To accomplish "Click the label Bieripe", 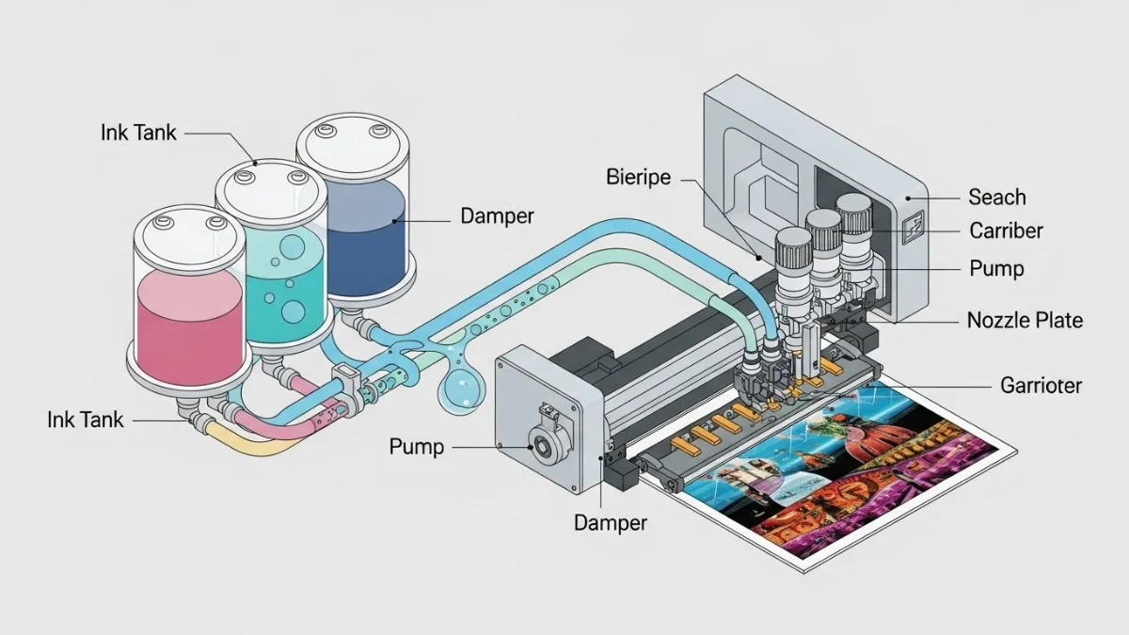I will point(639,176).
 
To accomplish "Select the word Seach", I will point(996,197).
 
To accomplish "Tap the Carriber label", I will point(1006,230).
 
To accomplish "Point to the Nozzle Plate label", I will point(1025,320).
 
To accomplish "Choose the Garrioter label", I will point(1040,385).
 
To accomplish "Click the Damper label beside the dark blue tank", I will point(497,216).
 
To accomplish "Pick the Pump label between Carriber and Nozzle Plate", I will point(996,269).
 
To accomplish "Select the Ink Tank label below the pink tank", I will point(86,420).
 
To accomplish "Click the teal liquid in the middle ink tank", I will point(282,282).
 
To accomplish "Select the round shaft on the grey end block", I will point(541,442).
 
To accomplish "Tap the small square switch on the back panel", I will point(913,227).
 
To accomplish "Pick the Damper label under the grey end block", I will point(611,522).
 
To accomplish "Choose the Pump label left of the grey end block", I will point(417,446).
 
